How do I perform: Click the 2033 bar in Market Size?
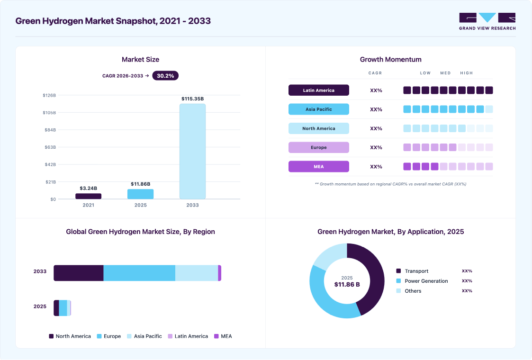tap(192, 151)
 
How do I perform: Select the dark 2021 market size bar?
tap(88, 196)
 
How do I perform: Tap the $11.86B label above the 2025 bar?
tap(141, 184)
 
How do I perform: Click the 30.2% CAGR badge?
tap(165, 76)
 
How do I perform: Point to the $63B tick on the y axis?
tap(50, 147)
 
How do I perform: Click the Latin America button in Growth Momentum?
tap(319, 90)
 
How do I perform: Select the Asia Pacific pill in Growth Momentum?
tap(319, 109)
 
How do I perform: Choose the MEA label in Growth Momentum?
tap(319, 167)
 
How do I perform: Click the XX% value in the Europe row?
tap(376, 148)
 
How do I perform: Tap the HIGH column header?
tap(467, 73)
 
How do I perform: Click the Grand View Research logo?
tap(487, 21)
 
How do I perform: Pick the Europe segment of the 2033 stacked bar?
tap(139, 273)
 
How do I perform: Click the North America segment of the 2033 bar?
tap(78, 273)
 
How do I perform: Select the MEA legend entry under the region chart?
tap(223, 336)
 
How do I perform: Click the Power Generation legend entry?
tap(422, 281)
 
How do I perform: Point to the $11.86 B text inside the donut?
tap(347, 284)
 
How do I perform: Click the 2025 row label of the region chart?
tap(40, 306)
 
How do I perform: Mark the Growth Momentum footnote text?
tap(390, 184)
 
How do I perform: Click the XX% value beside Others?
tap(467, 291)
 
